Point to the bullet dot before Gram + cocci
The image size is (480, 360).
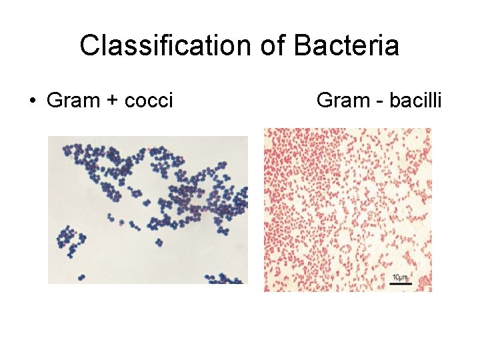click(x=31, y=101)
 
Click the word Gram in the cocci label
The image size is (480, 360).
click(x=71, y=101)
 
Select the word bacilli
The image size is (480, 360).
click(x=414, y=100)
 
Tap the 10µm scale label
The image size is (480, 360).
click(x=401, y=277)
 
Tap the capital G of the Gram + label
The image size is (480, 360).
click(x=55, y=101)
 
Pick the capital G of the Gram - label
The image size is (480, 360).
click(x=325, y=100)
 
